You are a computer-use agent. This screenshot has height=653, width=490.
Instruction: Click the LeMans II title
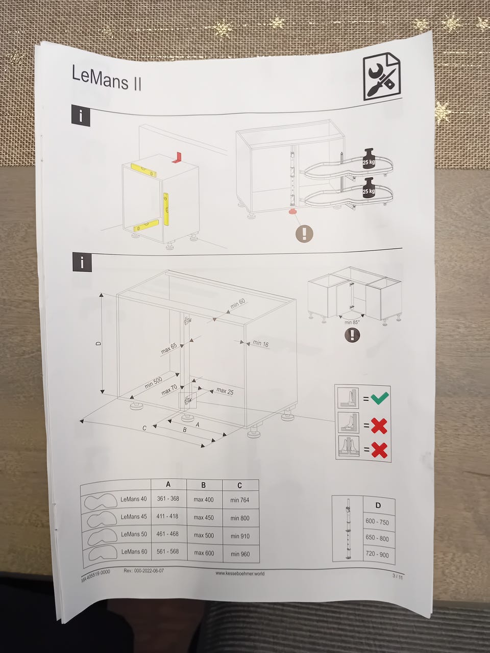click(106, 79)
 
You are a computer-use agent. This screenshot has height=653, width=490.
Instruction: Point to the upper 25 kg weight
click(369, 159)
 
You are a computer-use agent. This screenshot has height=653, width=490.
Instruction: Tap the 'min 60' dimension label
click(238, 303)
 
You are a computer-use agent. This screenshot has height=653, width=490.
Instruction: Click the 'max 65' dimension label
click(168, 348)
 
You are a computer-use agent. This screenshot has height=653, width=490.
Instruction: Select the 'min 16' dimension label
click(261, 343)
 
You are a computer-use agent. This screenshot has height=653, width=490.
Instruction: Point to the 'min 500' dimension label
click(154, 383)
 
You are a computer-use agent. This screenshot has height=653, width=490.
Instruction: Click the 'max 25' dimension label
click(225, 391)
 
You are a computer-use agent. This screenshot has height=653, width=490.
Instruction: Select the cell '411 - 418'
click(167, 516)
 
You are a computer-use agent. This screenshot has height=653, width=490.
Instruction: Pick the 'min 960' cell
click(240, 554)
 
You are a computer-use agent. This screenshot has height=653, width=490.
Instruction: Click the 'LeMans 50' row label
click(134, 534)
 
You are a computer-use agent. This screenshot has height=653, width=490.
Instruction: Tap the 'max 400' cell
click(204, 499)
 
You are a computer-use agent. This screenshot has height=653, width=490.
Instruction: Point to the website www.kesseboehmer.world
click(240, 573)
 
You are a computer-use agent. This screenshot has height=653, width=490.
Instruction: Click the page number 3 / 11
click(398, 576)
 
